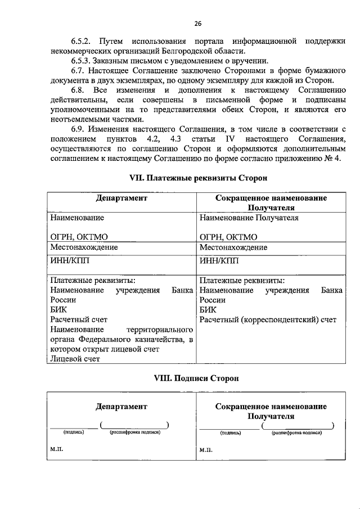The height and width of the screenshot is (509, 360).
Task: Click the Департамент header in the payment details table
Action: [x=121, y=198]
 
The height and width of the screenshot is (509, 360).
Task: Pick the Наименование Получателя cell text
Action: [x=249, y=218]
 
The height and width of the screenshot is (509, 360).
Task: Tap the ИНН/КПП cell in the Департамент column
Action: [x=70, y=260]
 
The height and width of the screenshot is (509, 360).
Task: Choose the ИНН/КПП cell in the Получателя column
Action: [x=219, y=260]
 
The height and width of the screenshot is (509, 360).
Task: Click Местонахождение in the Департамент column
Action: [x=84, y=247]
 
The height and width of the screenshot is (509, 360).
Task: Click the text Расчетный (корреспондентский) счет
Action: [x=268, y=320]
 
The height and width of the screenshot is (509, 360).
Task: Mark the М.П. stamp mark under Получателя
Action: [x=206, y=451]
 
